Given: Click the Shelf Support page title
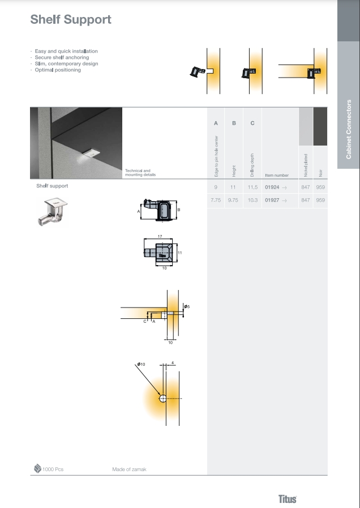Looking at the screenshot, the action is [71, 20].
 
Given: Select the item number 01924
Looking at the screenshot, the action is [272, 187].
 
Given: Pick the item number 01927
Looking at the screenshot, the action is [272, 200].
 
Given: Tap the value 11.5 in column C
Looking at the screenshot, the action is [252, 187].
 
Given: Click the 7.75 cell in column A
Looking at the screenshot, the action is [216, 200].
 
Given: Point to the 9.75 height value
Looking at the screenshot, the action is [233, 200].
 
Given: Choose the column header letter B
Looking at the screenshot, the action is [234, 123].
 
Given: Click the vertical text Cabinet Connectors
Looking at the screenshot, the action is [349, 129].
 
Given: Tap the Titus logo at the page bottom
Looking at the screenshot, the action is [288, 499].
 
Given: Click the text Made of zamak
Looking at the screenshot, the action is [129, 469].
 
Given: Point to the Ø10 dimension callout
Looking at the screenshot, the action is [141, 364].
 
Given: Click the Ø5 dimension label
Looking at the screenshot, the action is [187, 306].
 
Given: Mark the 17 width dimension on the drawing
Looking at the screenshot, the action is [160, 237].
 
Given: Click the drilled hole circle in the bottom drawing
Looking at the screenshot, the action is [163, 399].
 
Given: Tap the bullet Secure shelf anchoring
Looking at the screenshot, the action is [62, 57].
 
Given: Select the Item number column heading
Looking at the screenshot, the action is [277, 175].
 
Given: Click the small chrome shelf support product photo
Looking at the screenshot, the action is [53, 212].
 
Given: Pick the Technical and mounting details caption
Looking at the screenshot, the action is [140, 173].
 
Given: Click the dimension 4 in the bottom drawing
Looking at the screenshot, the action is [173, 363].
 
